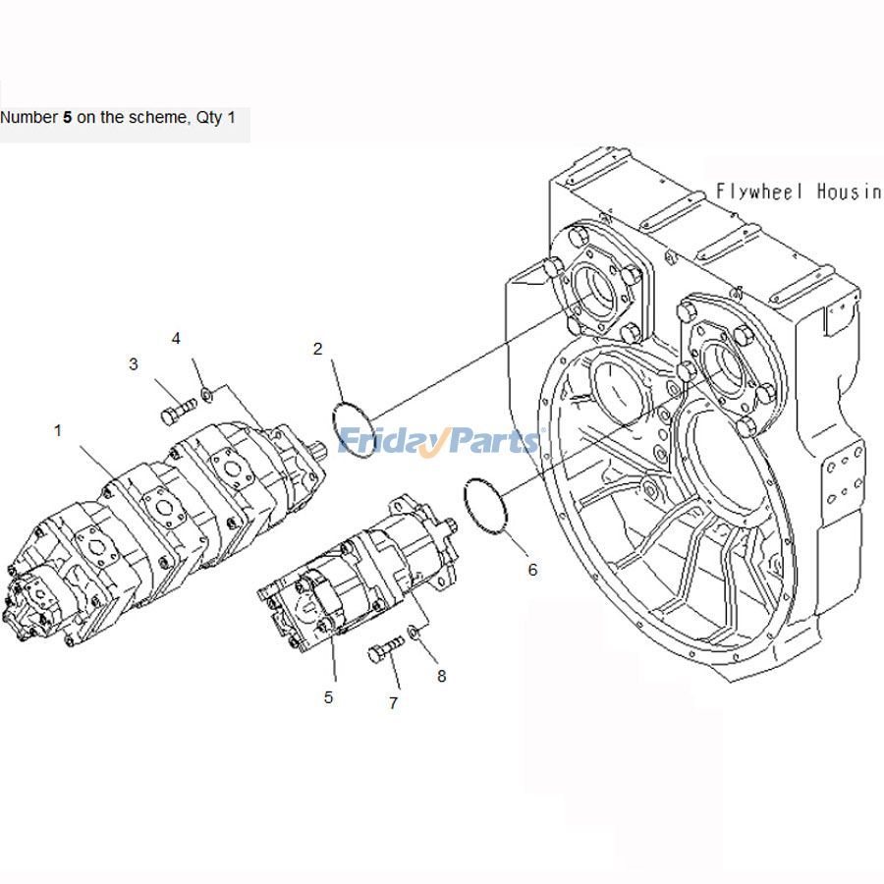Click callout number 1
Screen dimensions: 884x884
click(58, 430)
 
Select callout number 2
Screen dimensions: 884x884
click(317, 348)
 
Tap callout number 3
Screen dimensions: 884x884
click(134, 364)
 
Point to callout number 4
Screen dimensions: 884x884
click(176, 339)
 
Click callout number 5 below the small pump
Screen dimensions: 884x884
click(328, 697)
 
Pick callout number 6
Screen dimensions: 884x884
click(532, 570)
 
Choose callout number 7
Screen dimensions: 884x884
click(393, 703)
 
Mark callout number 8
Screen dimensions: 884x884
click(441, 676)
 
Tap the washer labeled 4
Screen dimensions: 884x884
click(206, 395)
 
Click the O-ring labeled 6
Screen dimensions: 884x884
click(485, 506)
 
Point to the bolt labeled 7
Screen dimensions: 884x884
click(386, 650)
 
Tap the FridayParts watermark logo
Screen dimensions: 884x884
click(438, 442)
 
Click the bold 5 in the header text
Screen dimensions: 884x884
click(67, 117)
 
